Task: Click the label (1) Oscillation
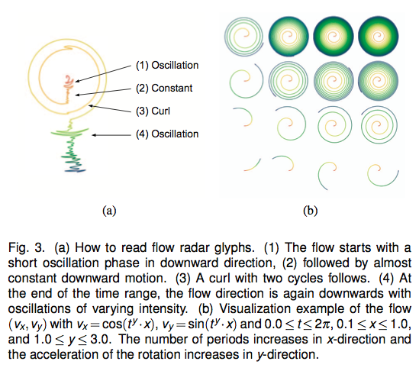pos(167,65)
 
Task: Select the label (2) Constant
pos(164,89)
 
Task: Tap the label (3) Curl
pos(153,111)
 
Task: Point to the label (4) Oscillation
pos(167,134)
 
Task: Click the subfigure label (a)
pos(109,211)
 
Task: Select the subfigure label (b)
pos(310,211)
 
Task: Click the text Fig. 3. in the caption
pos(26,247)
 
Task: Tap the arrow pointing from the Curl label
pos(110,108)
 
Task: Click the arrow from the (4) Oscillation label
pos(111,135)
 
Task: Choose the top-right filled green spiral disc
pos(378,37)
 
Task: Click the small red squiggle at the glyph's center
pos(69,82)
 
